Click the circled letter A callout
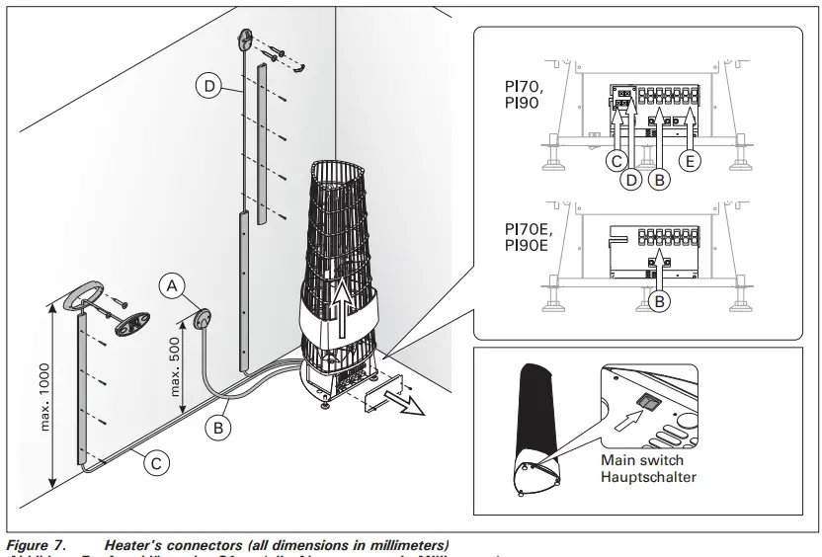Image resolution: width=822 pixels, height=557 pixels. [172, 285]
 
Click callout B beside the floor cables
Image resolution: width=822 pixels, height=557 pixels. [218, 428]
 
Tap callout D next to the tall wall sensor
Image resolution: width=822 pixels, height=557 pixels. [207, 87]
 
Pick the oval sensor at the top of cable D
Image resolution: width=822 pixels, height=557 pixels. [245, 41]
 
